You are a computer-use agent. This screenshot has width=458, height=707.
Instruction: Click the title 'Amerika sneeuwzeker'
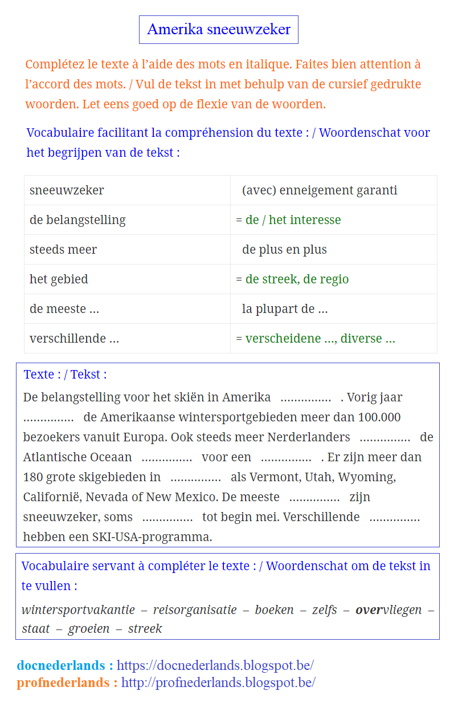[219, 30]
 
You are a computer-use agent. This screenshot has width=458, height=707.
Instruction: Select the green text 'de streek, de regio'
[297, 279]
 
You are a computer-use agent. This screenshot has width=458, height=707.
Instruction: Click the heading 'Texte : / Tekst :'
[65, 375]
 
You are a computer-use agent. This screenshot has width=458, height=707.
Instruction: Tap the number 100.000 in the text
[379, 417]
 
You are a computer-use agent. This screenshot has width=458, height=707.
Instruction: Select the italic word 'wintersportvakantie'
[78, 610]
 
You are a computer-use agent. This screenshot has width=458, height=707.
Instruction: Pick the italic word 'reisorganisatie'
[195, 610]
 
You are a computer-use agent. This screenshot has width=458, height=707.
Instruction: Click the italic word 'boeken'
[275, 610]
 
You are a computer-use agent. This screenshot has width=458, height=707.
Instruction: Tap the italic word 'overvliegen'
[389, 610]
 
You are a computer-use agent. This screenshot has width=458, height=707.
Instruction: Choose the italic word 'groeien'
[89, 629]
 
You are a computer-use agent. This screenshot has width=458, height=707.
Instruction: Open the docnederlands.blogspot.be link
[215, 665]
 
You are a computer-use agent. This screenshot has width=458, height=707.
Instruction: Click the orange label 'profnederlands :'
[67, 682]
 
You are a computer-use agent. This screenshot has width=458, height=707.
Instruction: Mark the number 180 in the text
[33, 477]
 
